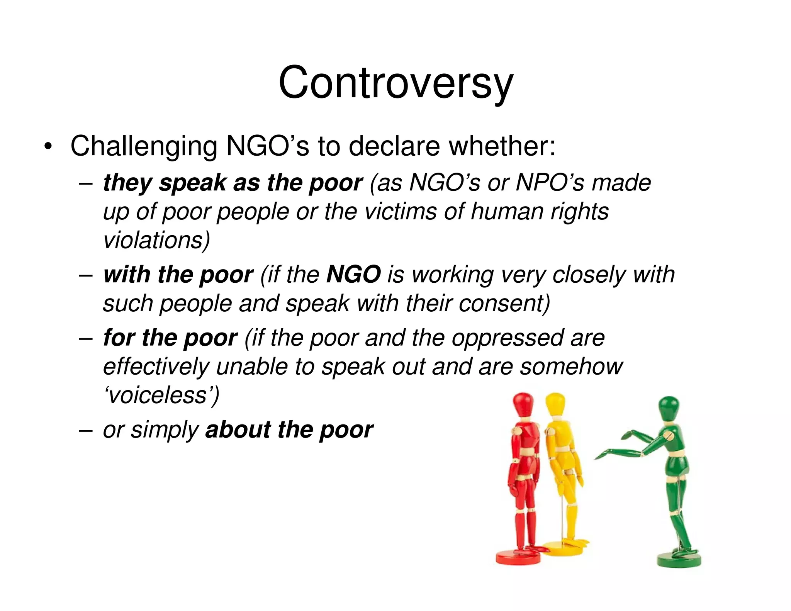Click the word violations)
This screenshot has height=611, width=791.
(156, 240)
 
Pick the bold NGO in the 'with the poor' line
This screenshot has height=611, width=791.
(353, 275)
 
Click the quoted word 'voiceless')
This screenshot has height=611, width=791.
(161, 395)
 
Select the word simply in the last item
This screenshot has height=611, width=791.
(165, 429)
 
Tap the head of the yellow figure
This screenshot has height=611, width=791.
(555, 404)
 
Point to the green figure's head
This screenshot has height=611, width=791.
(669, 408)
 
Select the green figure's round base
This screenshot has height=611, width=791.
(679, 559)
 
